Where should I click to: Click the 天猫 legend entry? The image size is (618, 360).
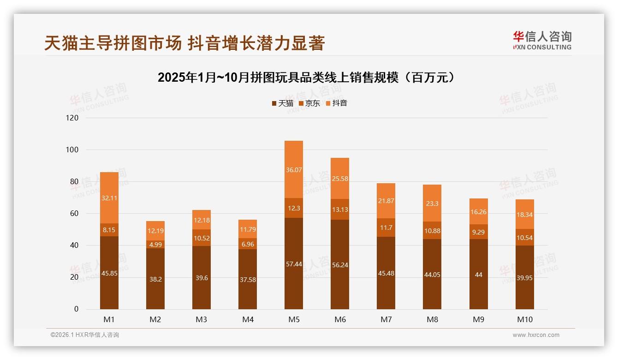pos(283,103)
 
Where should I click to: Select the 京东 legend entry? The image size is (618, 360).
pos(309,103)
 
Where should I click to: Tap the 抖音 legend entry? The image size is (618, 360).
pos(337,103)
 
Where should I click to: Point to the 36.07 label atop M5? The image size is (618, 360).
pos(294,170)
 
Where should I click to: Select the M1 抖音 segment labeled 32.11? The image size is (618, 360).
pos(109,198)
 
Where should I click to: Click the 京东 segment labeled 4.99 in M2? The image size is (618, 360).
pos(155,245)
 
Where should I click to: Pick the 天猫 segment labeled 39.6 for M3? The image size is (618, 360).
pos(202,278)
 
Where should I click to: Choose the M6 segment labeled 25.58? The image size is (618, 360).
pos(340,179)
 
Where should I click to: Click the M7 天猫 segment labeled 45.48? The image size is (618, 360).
pos(386,273)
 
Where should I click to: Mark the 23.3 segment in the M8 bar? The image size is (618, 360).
pos(432,203)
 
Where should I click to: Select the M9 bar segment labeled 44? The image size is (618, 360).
pos(478,275)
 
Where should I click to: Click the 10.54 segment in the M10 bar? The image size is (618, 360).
pos(524,238)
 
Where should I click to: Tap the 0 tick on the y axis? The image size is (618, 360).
pos(77,309)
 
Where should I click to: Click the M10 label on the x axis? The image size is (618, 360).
pos(524,319)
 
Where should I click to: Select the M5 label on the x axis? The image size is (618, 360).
pos(294,319)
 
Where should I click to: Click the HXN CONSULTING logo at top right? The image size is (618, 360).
pos(542,41)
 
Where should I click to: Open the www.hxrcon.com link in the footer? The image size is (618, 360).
pos(536,335)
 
